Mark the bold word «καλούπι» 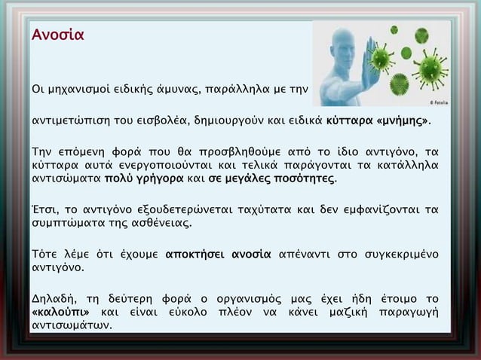[60, 311]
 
